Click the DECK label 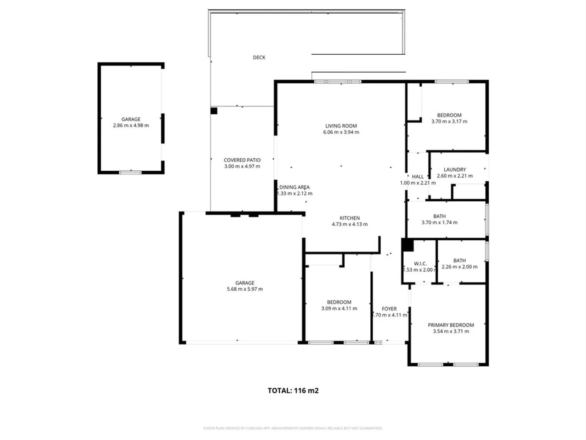coord(259,57)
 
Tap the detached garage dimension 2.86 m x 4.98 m coord(131,125)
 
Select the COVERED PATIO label coord(242,160)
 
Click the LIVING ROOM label coord(341,126)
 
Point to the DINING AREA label coord(294,187)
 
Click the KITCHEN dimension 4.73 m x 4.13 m coord(350,224)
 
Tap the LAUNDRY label coord(455,169)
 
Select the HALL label coord(418,177)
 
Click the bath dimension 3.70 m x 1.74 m coord(439,222)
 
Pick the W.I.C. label coord(420,264)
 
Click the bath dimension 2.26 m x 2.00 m coord(459,267)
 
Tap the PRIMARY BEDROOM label coord(450,325)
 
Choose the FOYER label coord(389,309)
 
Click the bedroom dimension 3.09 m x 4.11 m coord(339,308)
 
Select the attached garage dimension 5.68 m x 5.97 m coord(245,289)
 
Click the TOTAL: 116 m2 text coord(293,391)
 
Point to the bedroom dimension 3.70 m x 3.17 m coord(449,121)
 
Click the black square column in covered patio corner coord(214,111)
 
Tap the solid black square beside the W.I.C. coord(407,245)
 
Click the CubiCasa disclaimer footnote coord(293,428)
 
